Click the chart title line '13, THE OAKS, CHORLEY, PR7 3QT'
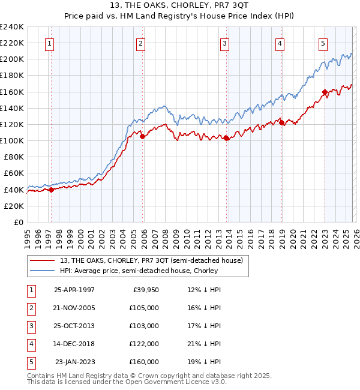[180, 5]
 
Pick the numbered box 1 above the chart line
[49, 43]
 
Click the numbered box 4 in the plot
[280, 43]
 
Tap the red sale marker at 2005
[142, 136]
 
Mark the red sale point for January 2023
[325, 92]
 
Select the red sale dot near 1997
[51, 190]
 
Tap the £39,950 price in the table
[143, 289]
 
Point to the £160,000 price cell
[143, 362]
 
